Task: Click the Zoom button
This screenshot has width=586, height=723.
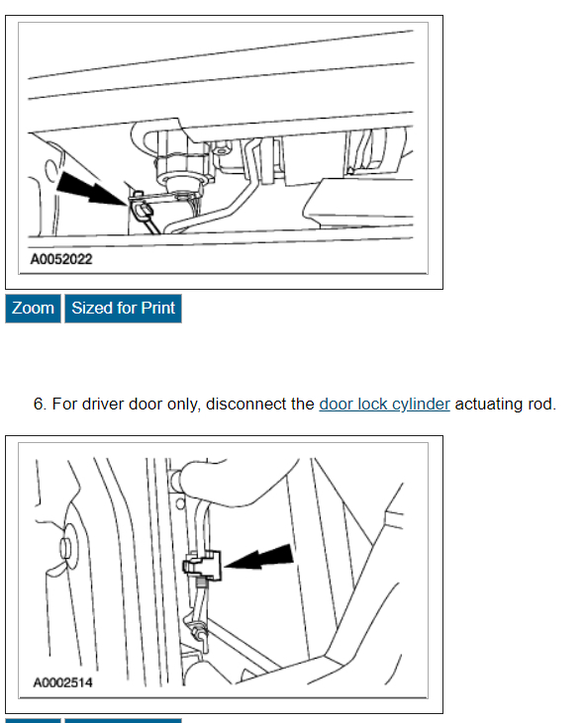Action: click(x=33, y=308)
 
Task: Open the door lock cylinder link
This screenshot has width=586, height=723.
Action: click(x=384, y=405)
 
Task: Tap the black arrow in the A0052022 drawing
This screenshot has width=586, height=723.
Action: click(x=89, y=187)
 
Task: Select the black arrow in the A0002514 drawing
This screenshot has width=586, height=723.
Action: click(x=262, y=559)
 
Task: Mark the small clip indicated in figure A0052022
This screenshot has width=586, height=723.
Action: click(x=141, y=205)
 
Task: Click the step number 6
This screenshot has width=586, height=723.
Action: click(x=39, y=405)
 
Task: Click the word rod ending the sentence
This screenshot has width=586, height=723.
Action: click(x=542, y=405)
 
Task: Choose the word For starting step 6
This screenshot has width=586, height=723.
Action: click(x=62, y=405)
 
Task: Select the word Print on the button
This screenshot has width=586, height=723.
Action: click(x=156, y=308)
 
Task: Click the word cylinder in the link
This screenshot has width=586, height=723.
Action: click(x=418, y=405)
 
